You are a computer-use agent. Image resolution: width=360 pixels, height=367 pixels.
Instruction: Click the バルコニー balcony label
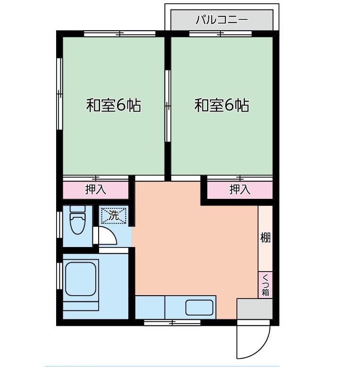click(221, 20)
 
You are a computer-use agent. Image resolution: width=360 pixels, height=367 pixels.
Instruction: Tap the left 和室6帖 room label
click(113, 105)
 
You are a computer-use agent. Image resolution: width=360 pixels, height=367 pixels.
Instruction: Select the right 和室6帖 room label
click(222, 105)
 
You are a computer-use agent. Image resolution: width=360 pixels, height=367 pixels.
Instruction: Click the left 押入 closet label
click(95, 190)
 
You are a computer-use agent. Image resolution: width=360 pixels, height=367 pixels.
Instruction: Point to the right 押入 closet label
click(240, 190)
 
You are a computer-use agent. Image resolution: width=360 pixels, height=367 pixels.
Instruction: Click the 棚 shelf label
click(266, 238)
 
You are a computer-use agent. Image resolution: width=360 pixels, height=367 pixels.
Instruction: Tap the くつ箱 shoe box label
click(266, 285)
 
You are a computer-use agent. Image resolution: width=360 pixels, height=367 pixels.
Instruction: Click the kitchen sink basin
click(200, 307)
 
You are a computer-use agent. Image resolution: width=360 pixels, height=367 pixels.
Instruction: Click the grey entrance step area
click(254, 309)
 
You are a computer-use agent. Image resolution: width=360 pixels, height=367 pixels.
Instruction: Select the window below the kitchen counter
click(172, 323)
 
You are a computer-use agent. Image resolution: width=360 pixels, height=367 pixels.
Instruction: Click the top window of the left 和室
click(120, 34)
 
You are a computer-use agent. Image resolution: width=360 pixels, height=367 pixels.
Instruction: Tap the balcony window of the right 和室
click(220, 34)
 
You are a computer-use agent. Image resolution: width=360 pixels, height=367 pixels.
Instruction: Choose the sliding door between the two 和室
click(167, 106)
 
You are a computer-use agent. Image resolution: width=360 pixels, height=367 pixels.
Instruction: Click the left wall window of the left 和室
click(60, 94)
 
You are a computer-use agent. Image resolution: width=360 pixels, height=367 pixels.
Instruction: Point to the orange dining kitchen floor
click(193, 246)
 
